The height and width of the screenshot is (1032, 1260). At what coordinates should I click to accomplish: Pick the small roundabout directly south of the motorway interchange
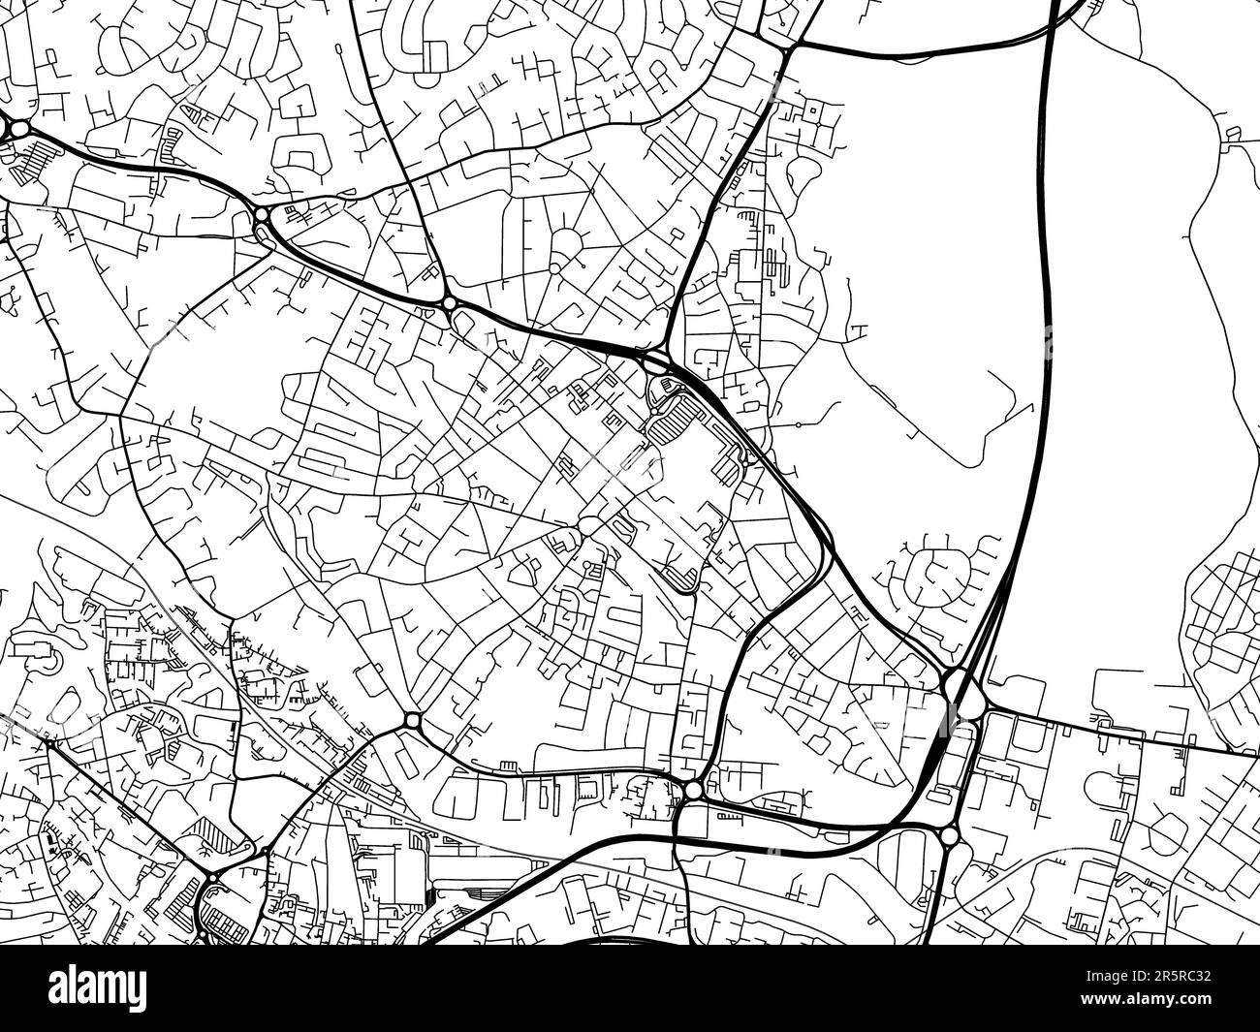950,835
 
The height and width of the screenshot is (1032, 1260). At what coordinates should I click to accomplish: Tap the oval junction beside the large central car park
656,362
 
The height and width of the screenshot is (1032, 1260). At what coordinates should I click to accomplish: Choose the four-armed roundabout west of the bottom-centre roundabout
412,721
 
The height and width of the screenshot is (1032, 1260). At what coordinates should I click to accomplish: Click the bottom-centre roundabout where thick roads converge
692,791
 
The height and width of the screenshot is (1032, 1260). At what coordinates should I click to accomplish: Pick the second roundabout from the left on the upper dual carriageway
262,216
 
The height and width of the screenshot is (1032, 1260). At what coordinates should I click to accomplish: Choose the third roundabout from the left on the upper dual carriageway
450,304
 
